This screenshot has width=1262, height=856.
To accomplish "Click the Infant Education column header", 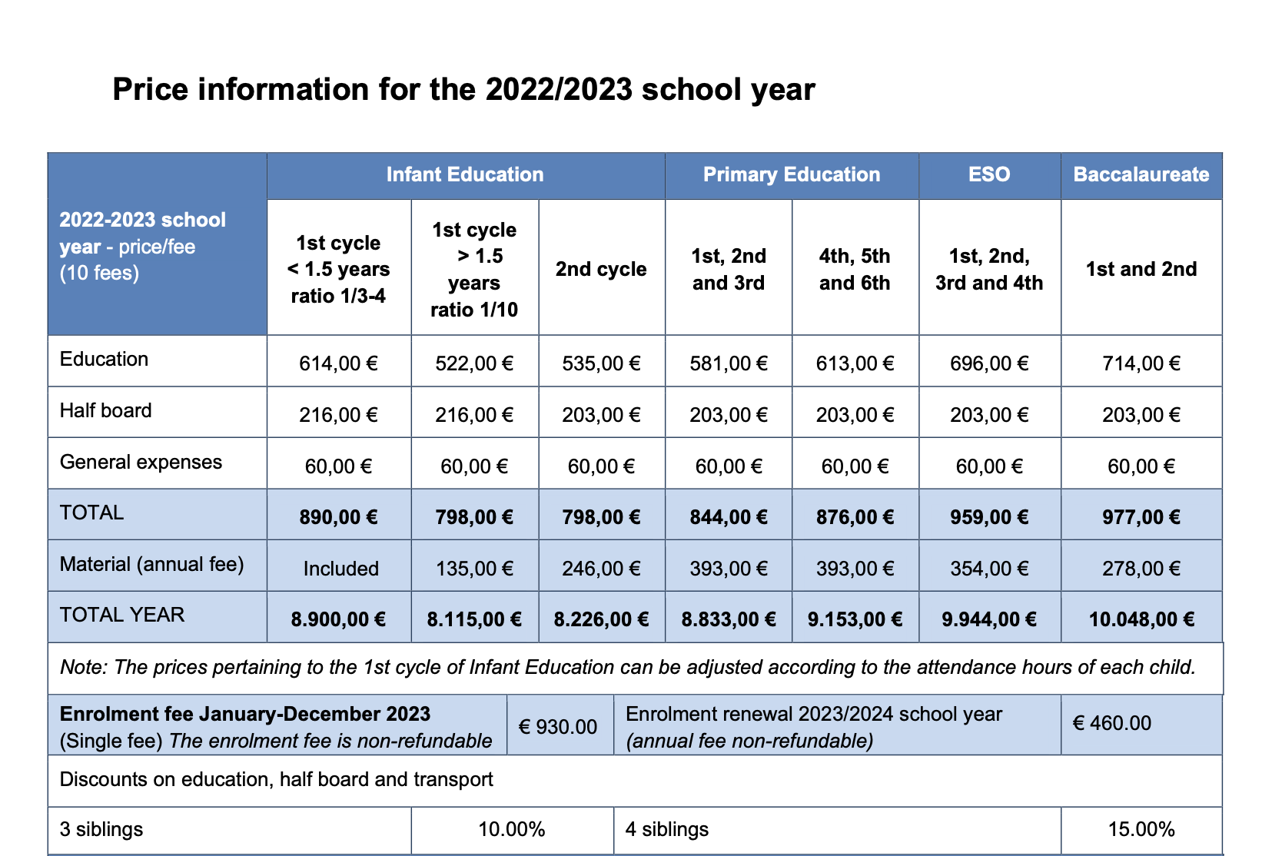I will coord(465,174).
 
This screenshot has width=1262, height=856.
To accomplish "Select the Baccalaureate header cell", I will coord(1141,174).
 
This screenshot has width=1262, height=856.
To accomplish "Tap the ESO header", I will coord(988,174).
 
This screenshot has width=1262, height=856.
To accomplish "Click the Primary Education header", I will coord(791,174).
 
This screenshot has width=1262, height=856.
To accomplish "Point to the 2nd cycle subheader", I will coord(601,269).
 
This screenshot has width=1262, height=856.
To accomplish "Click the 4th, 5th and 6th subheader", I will coord(854,269).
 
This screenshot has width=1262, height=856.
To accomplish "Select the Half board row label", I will coord(106,410).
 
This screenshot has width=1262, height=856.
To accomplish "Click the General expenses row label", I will coord(141,462).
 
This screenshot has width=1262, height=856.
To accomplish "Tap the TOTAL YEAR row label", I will coord(122,615).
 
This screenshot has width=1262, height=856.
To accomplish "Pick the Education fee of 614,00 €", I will coord(338,363).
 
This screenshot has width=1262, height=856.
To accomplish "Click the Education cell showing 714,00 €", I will coord(1141,363).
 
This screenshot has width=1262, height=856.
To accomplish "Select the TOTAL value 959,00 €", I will coord(988,517).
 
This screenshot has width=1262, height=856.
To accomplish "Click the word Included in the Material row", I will coord(340,569).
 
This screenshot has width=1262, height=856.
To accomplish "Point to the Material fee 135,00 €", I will coord(474,569).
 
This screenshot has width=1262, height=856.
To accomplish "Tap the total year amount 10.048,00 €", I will coord(1141,619).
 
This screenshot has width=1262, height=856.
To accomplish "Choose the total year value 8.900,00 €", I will coord(338,619).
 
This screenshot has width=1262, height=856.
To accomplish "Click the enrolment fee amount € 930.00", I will coord(558,726).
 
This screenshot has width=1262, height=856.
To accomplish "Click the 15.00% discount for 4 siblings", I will coord(1141,829).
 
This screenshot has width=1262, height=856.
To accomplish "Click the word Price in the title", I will coord(150,90).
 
